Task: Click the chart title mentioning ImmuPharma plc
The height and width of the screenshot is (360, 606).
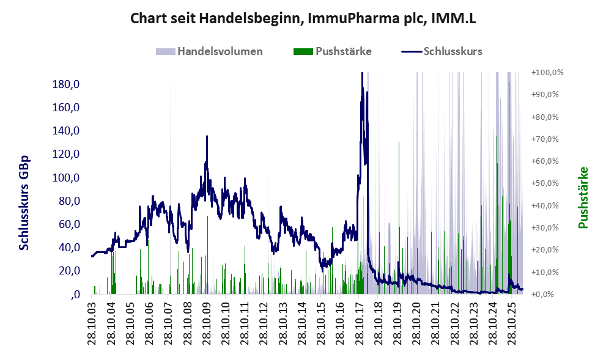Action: click(x=303, y=18)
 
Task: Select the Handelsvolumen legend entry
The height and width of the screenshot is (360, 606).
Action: click(x=209, y=51)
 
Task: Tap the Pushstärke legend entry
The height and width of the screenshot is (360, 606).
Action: click(x=333, y=51)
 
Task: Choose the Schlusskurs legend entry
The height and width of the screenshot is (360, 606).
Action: click(x=442, y=51)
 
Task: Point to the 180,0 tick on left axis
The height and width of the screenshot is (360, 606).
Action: click(x=65, y=84)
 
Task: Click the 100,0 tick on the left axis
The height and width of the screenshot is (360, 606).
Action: click(x=65, y=178)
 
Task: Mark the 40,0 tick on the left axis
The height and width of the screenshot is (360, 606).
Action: click(x=68, y=248)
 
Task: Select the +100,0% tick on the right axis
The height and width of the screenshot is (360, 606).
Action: click(x=547, y=73)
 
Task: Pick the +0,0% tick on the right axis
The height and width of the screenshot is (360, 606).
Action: click(x=545, y=295)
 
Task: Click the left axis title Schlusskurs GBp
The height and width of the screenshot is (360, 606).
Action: click(x=24, y=203)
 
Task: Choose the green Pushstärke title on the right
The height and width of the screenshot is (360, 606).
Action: click(x=583, y=197)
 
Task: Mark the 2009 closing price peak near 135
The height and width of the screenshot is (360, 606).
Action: click(x=207, y=136)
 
